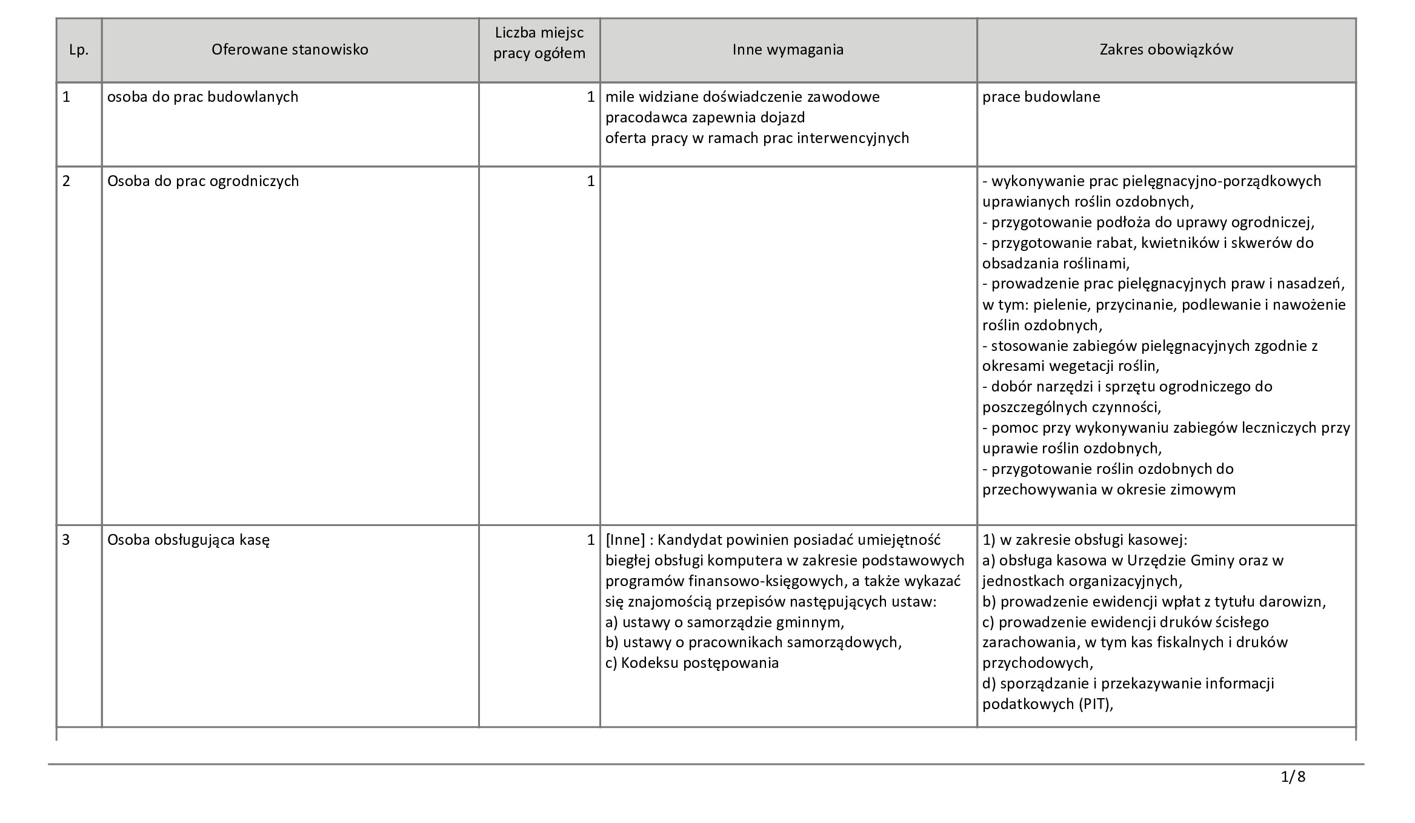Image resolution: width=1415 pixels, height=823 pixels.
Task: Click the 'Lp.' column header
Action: click(79, 50)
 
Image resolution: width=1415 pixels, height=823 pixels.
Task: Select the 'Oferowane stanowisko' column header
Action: click(290, 50)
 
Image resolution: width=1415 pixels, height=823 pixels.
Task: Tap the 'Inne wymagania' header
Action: click(788, 50)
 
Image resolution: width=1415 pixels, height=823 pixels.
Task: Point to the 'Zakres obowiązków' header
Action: click(1166, 50)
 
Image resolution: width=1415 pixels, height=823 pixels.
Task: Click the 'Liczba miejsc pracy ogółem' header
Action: click(539, 42)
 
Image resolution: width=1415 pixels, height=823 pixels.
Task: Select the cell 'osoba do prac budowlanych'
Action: click(202, 97)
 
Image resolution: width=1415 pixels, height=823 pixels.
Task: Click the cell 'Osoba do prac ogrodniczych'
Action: click(203, 181)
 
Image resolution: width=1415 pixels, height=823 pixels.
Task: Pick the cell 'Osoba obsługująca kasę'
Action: click(188, 539)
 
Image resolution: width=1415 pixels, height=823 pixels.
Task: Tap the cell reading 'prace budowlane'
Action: click(1041, 97)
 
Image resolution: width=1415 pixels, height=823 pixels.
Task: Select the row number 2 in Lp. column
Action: click(67, 181)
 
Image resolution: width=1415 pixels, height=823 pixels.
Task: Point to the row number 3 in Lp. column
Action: click(67, 539)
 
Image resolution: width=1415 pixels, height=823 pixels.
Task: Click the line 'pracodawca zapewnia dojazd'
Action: click(705, 118)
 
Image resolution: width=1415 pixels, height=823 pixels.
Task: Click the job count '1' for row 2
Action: click(590, 181)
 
